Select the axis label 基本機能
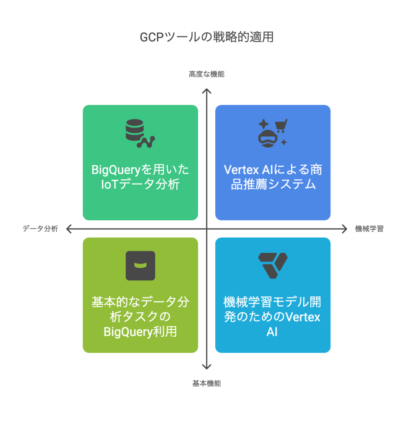tap(207, 383)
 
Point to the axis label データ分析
tap(40, 229)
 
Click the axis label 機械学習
tap(369, 229)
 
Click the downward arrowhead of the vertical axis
tap(207, 367)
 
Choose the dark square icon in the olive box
tap(140, 266)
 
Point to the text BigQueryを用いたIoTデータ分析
tap(140, 177)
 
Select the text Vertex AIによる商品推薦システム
tap(273, 177)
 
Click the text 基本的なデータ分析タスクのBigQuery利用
tap(140, 317)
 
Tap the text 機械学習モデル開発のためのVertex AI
tap(273, 317)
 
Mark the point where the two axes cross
tap(207, 229)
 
